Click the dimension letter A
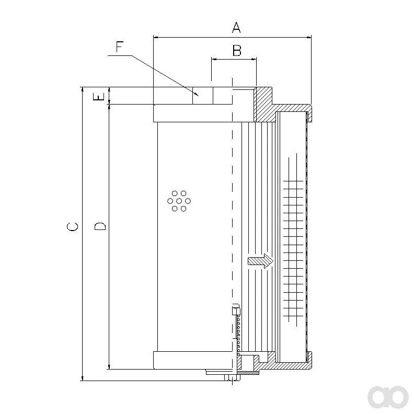point(236,28)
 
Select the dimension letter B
point(237,51)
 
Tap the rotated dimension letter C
point(72,227)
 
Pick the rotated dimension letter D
point(100,226)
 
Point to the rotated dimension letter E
point(98,97)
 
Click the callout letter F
point(120,47)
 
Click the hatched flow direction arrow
point(260,261)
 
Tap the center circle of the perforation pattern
point(179,201)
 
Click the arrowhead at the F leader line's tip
point(196,94)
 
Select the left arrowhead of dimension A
point(156,38)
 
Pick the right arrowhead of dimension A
point(308,38)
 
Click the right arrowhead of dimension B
point(254,60)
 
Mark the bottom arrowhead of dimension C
point(83,378)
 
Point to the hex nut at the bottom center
point(232,378)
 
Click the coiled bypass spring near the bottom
point(238,335)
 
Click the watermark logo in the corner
point(388,397)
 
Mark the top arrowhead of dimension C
point(83,89)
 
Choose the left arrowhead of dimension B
point(214,60)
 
